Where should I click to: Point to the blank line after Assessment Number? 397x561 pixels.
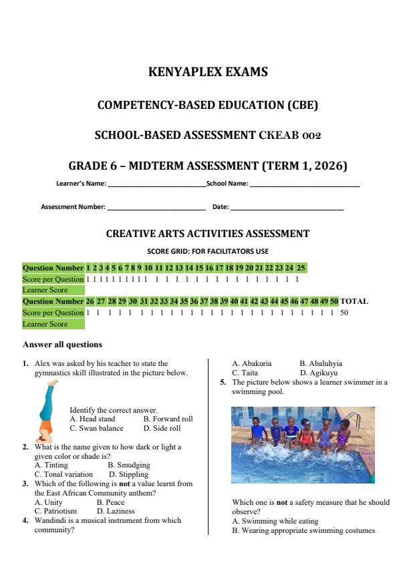156,208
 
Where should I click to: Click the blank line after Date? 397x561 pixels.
287,208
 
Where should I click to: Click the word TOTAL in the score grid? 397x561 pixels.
354,301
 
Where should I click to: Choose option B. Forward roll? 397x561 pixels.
168,419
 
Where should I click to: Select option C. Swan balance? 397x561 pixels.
96,428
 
